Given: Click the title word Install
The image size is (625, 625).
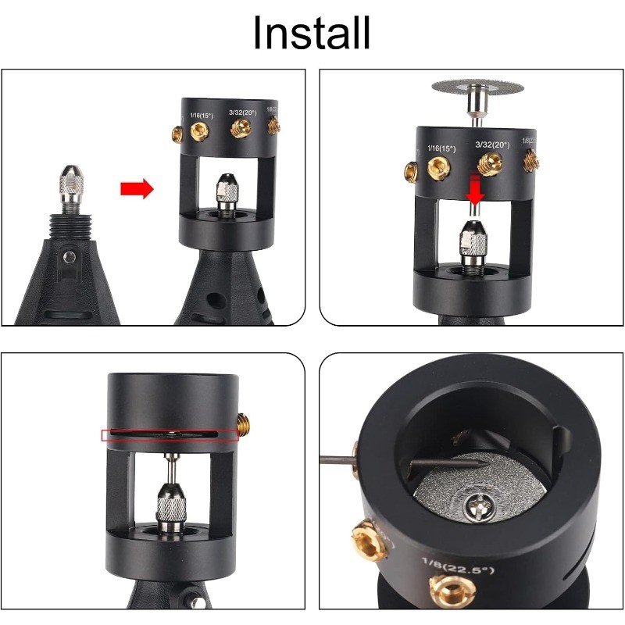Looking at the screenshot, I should [x=312, y=32].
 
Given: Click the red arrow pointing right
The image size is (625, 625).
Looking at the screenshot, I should [x=137, y=188].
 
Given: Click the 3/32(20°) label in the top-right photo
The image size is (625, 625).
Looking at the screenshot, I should [x=492, y=145].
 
